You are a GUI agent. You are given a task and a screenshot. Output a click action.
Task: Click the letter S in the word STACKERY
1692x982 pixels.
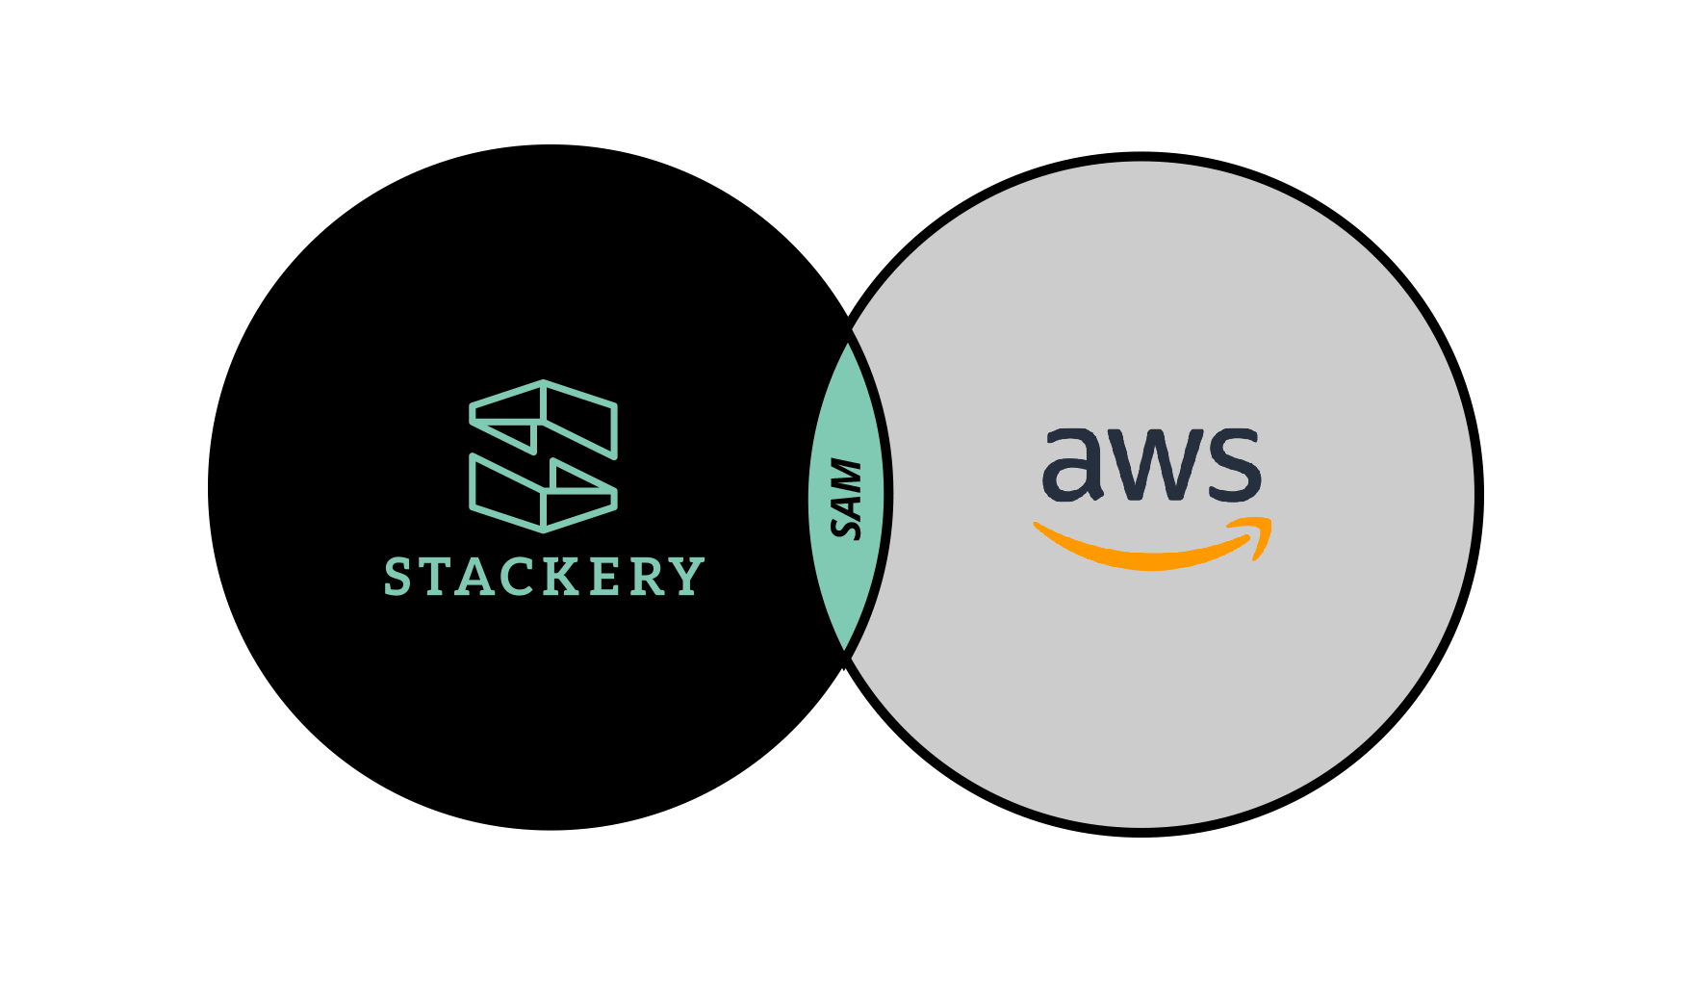397,577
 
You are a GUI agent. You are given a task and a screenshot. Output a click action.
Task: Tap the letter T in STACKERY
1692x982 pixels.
437,577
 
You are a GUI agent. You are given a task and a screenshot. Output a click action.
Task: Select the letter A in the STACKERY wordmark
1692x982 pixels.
478,577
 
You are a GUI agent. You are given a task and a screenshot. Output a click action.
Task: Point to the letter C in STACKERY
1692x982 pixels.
524,577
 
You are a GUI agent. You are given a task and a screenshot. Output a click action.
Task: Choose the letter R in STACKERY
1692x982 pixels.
651,577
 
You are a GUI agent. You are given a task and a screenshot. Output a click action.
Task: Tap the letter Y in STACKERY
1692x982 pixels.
689,577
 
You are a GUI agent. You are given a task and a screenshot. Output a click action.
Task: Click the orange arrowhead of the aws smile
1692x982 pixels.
1257,535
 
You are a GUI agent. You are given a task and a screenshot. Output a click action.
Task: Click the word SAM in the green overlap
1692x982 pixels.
846,499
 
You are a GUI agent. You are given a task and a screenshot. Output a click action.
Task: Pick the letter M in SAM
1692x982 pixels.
846,473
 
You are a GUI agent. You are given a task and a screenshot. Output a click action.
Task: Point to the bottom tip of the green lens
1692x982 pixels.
845,647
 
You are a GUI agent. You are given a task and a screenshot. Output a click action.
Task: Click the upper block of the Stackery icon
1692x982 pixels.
544,419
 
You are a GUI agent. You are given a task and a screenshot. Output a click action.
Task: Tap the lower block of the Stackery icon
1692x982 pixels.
544,494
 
